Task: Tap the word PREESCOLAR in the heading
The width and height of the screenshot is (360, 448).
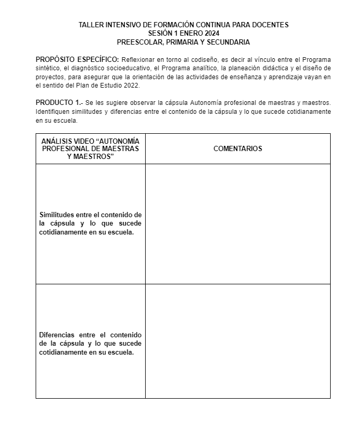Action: click(x=137, y=41)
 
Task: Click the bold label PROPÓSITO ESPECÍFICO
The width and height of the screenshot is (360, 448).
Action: click(x=77, y=59)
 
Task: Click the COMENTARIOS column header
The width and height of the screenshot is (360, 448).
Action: click(x=237, y=148)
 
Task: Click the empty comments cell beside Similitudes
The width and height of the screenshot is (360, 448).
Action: click(x=237, y=224)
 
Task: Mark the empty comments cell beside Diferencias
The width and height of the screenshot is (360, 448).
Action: click(x=237, y=341)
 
